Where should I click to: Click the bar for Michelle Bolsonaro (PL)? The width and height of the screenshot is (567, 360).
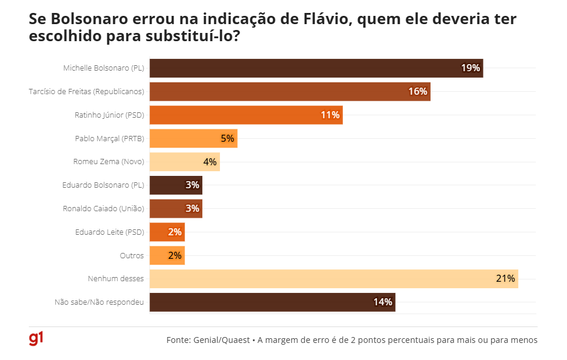tap(316, 68)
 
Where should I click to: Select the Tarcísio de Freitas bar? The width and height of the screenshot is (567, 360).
tap(290, 92)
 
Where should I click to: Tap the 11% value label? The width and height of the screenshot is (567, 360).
tap(330, 115)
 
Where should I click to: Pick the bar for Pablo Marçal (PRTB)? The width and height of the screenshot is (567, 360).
tap(194, 139)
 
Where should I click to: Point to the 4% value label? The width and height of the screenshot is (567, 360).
tap(209, 162)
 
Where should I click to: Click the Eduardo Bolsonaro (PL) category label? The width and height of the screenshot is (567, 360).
tap(103, 185)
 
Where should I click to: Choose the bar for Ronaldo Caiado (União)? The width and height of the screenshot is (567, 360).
tap(176, 209)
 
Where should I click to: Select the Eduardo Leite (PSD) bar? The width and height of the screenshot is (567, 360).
tap(167, 232)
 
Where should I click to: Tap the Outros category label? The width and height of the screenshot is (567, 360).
tap(132, 256)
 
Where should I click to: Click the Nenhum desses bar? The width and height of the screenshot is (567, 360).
tap(333, 279)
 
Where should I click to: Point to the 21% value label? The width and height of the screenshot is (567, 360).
tap(506, 279)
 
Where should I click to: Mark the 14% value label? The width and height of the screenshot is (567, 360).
tap(382, 302)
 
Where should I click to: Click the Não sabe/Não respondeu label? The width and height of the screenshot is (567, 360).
tap(99, 302)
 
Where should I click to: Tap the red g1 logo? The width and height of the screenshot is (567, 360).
tap(36, 338)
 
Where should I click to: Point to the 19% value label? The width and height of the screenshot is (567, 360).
tap(471, 68)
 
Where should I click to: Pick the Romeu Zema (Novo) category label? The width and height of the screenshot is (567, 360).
tap(108, 162)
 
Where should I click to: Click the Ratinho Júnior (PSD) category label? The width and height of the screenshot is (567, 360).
tap(109, 115)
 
